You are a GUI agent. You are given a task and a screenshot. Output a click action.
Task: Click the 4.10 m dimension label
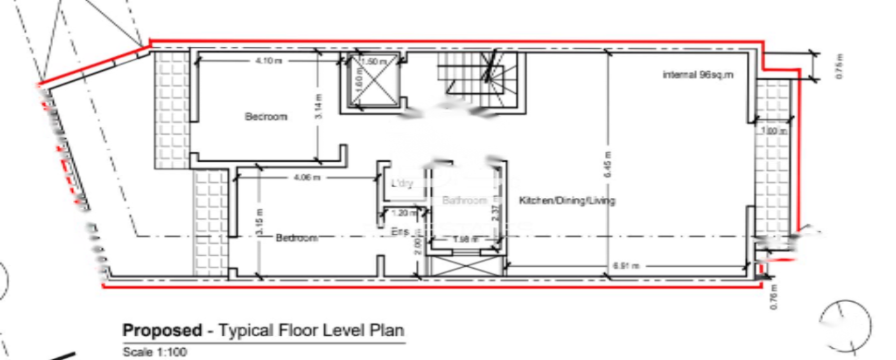(x=269, y=61)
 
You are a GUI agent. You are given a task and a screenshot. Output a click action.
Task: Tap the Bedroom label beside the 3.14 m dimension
(x=266, y=116)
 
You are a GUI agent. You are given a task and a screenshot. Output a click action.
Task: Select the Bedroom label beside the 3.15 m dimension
(x=297, y=238)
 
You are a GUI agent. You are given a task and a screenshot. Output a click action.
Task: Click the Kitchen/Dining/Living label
(x=567, y=201)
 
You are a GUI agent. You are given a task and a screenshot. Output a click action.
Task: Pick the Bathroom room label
(x=464, y=201)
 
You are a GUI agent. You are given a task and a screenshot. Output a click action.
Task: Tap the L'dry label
(x=402, y=184)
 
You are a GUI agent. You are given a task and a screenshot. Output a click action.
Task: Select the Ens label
(x=400, y=231)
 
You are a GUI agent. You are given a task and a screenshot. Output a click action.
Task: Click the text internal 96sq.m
(x=698, y=74)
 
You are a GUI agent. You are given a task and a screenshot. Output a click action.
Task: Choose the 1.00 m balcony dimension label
(x=774, y=131)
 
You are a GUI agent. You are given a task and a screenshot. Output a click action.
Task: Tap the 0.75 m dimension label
(x=840, y=67)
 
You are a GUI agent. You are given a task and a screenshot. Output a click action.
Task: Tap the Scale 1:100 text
(x=155, y=352)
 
